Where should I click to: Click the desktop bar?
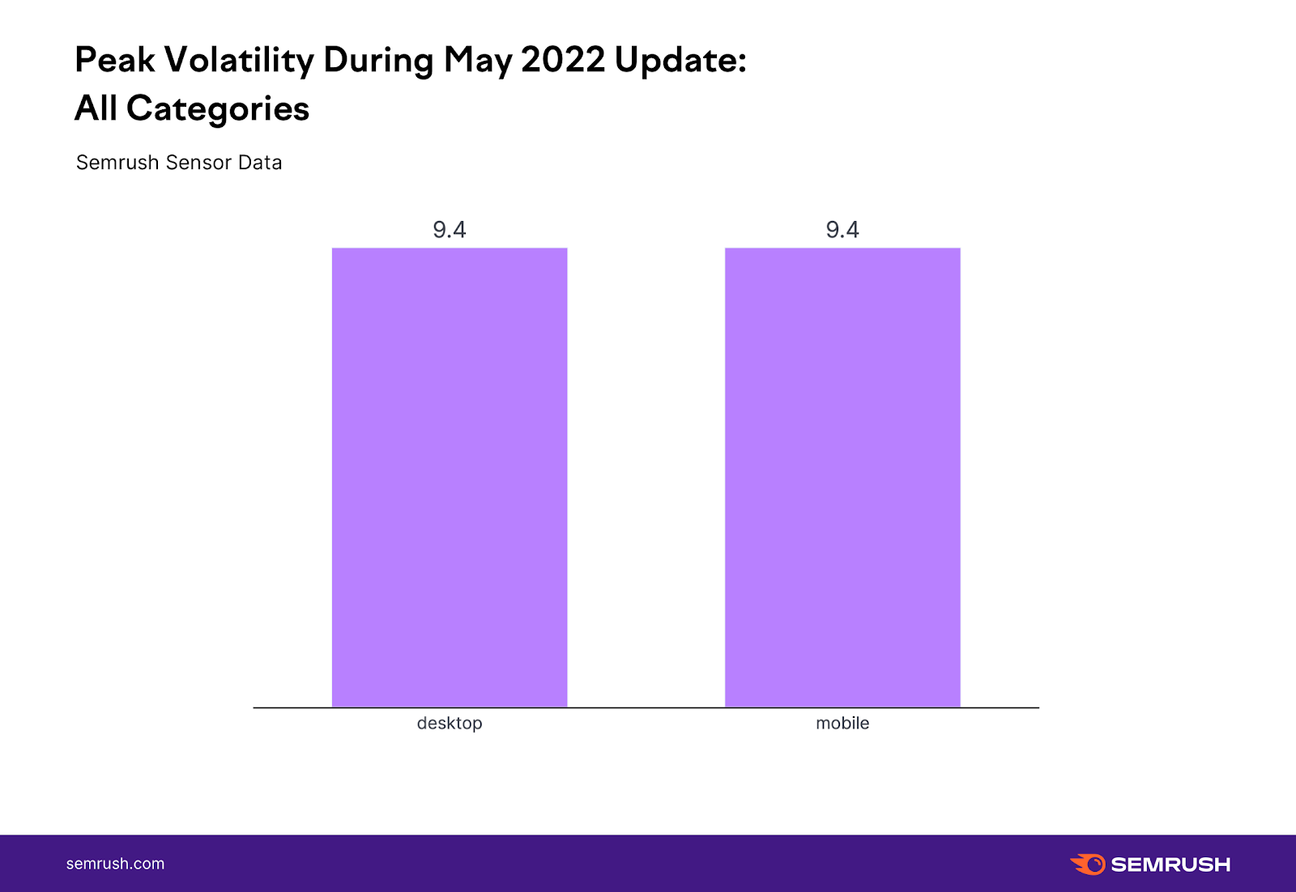450,478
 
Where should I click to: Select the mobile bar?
842,478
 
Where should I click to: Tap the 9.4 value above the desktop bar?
450,230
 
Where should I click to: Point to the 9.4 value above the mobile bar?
842,230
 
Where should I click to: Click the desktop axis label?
450,723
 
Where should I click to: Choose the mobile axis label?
842,723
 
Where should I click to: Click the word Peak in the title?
114,60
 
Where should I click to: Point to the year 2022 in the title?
563,60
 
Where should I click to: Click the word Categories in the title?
218,109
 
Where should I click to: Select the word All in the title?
96,108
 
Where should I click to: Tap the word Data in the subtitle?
260,163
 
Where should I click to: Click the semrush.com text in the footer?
115,864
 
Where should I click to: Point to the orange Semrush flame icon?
1088,864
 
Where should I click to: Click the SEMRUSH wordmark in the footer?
1170,864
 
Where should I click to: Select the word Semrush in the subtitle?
117,163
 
